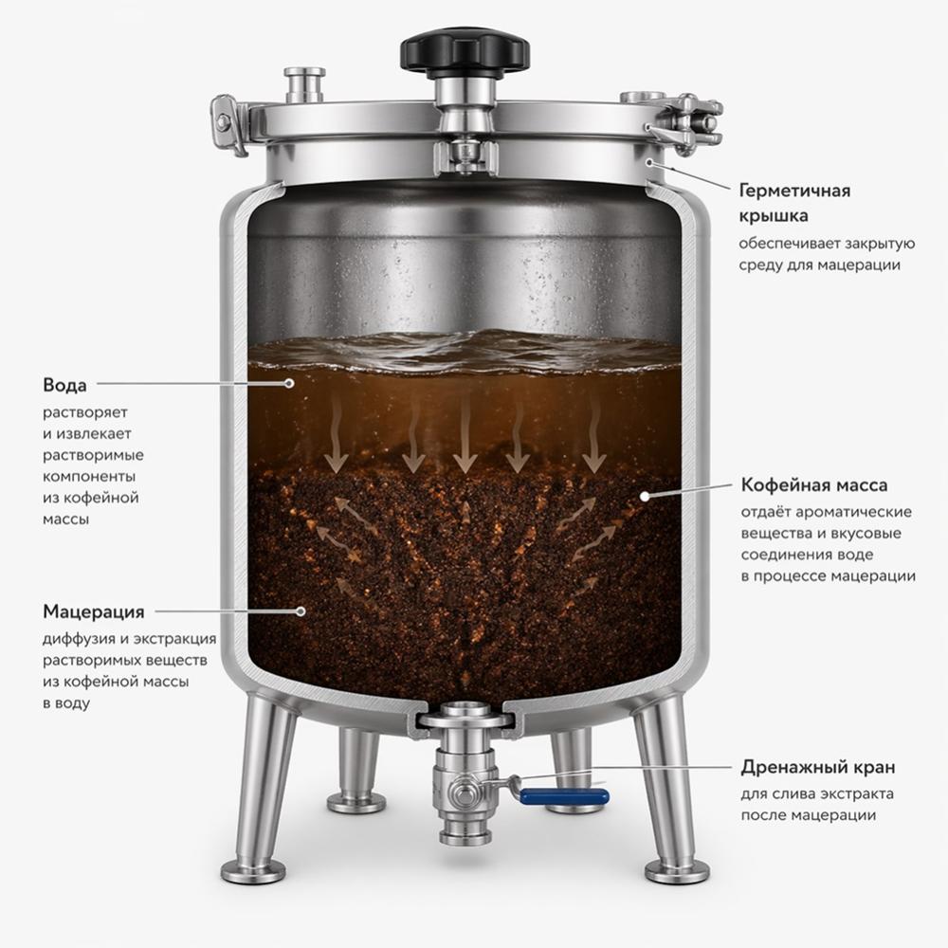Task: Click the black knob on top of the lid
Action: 465,52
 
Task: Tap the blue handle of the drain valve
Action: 564,797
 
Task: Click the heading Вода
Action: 64,385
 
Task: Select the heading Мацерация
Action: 94,611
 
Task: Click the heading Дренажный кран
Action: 818,768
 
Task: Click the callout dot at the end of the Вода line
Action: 289,383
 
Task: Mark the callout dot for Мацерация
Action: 301,611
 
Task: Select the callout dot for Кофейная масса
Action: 645,496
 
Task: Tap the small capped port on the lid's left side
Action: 304,85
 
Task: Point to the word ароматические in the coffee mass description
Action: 853,512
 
